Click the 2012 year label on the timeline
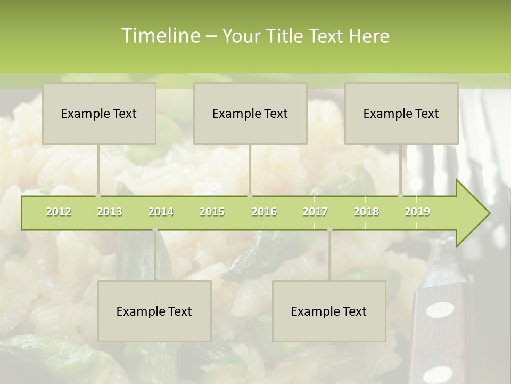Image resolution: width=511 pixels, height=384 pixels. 59,212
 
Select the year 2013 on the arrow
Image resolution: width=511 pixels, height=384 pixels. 110,212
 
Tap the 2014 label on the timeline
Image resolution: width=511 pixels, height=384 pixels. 161,212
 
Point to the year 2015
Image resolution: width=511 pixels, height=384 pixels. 212,212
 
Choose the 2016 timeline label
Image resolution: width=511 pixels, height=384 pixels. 264,212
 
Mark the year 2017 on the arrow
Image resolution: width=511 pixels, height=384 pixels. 315,212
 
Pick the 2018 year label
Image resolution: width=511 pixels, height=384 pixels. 366,212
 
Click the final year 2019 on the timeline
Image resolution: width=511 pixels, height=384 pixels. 417,212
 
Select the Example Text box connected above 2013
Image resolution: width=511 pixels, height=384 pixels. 99,113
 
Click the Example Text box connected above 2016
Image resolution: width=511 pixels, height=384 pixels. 250,113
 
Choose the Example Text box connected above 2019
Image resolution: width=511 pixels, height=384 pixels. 401,113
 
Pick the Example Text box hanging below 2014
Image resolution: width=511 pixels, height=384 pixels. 154,311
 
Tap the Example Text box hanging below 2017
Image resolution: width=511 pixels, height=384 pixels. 329,311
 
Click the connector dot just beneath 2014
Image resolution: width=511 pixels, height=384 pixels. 155,229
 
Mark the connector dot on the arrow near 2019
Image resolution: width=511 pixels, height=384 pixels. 401,196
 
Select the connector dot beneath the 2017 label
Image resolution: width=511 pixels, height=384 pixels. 329,229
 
